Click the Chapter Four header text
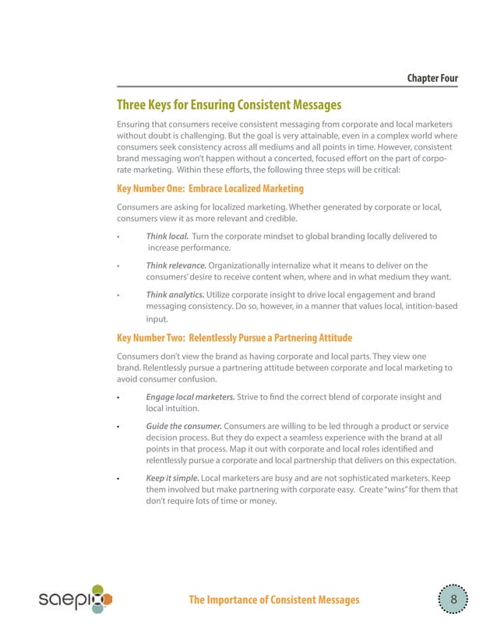pos(432,79)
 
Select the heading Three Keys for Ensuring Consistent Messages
pos(228,105)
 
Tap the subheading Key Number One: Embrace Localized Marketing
pos(210,188)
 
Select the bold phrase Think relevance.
pos(175,265)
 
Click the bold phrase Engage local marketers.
pos(190,397)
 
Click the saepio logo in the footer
pos(76,599)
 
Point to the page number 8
pos(453,599)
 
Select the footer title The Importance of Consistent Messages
pos(274,599)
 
